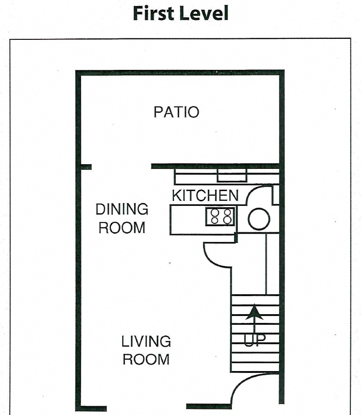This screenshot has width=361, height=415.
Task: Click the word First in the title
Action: tap(154, 13)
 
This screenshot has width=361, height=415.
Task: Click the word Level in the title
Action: tap(205, 13)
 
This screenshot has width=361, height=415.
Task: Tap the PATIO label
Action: tap(176, 112)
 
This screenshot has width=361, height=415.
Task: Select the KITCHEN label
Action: tap(205, 195)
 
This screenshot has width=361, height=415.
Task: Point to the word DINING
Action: tap(122, 209)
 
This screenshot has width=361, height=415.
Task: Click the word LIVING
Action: tap(146, 342)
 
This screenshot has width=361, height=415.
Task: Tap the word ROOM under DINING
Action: tap(122, 228)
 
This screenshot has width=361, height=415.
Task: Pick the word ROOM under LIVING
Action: tap(146, 359)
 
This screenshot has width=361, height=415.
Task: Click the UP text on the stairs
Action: tap(255, 340)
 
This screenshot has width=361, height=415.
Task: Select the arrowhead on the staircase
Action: tap(254, 313)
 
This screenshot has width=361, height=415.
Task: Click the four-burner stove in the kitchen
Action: tap(220, 217)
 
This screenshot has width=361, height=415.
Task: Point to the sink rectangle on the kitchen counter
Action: tap(232, 175)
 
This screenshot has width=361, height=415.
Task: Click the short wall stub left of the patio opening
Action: tap(86, 167)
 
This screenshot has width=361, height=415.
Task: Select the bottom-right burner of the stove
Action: tap(227, 221)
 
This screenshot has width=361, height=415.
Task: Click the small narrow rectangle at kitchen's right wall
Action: tap(275, 195)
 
